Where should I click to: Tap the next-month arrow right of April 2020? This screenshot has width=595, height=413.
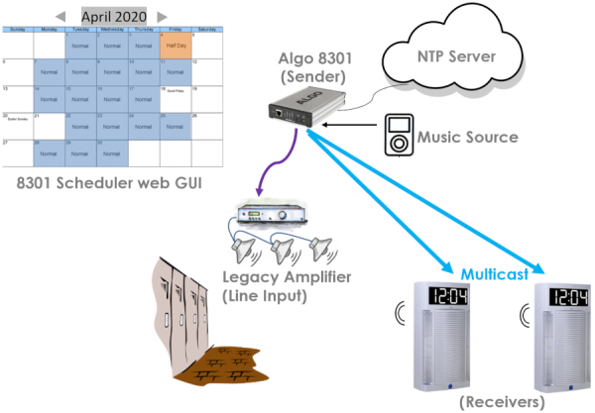[159, 17]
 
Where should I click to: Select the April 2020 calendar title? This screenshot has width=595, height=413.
[110, 16]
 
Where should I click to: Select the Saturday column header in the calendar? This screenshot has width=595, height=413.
[207, 30]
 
